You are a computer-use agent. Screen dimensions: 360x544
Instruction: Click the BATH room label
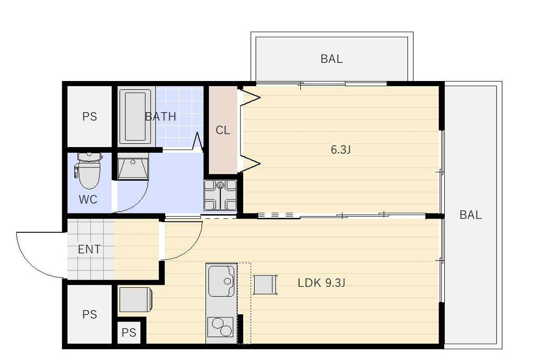tap(161, 117)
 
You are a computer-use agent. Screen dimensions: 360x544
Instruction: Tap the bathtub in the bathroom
tap(135, 117)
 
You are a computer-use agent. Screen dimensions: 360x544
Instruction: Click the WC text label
tap(88, 199)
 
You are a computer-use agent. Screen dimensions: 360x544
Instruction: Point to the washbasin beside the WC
tap(133, 167)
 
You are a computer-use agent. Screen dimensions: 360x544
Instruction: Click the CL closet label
tap(223, 130)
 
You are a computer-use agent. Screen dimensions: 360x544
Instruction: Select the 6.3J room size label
tap(341, 150)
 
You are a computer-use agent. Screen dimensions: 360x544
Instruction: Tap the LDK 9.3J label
tap(322, 283)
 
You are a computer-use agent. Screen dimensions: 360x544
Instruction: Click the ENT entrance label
tap(89, 249)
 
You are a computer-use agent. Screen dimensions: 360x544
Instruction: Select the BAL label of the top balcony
tap(331, 59)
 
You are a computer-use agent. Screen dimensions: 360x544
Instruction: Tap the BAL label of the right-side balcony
tap(470, 215)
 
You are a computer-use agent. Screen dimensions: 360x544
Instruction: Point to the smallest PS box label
tap(129, 333)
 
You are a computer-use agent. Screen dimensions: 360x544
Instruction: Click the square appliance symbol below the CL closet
tap(220, 195)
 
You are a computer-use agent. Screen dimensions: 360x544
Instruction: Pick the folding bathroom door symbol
tap(198, 141)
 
